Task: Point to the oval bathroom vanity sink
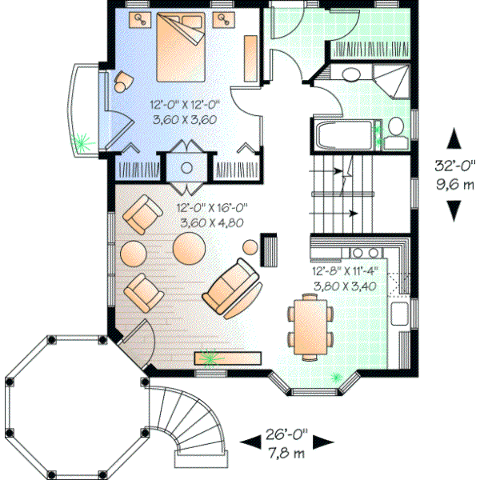(x=349, y=75)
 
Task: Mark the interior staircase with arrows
(x=343, y=192)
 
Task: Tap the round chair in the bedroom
(x=123, y=80)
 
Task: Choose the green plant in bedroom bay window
(x=80, y=143)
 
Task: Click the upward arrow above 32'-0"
(x=454, y=138)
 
